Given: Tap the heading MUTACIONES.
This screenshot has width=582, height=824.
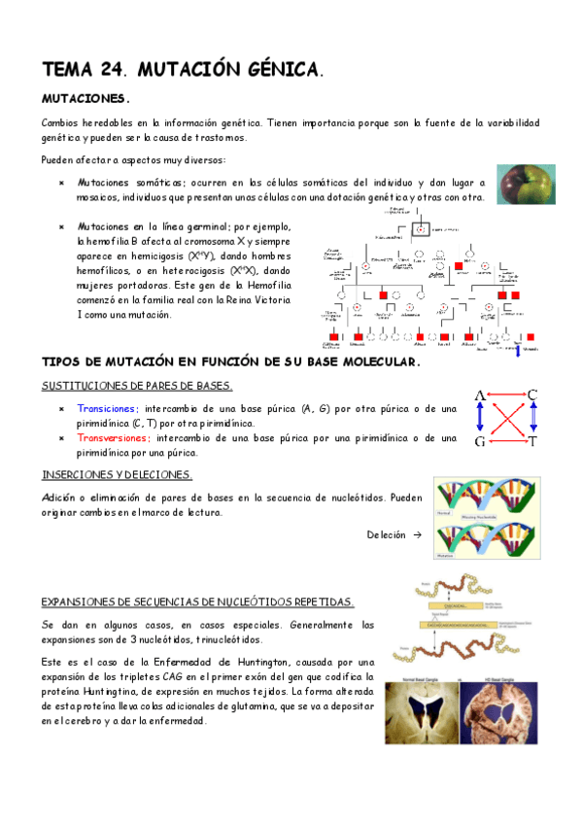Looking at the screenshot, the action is pyautogui.click(x=86, y=99).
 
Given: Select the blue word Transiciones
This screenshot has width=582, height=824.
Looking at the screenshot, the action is pyautogui.click(x=107, y=409).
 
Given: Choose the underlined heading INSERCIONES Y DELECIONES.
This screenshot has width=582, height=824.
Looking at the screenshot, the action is pyautogui.click(x=117, y=474).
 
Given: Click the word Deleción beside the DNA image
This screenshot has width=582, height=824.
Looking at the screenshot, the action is pyautogui.click(x=386, y=535).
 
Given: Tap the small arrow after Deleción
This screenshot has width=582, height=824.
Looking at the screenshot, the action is pyautogui.click(x=417, y=535).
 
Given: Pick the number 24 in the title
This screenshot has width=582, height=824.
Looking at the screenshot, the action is pyautogui.click(x=113, y=70).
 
